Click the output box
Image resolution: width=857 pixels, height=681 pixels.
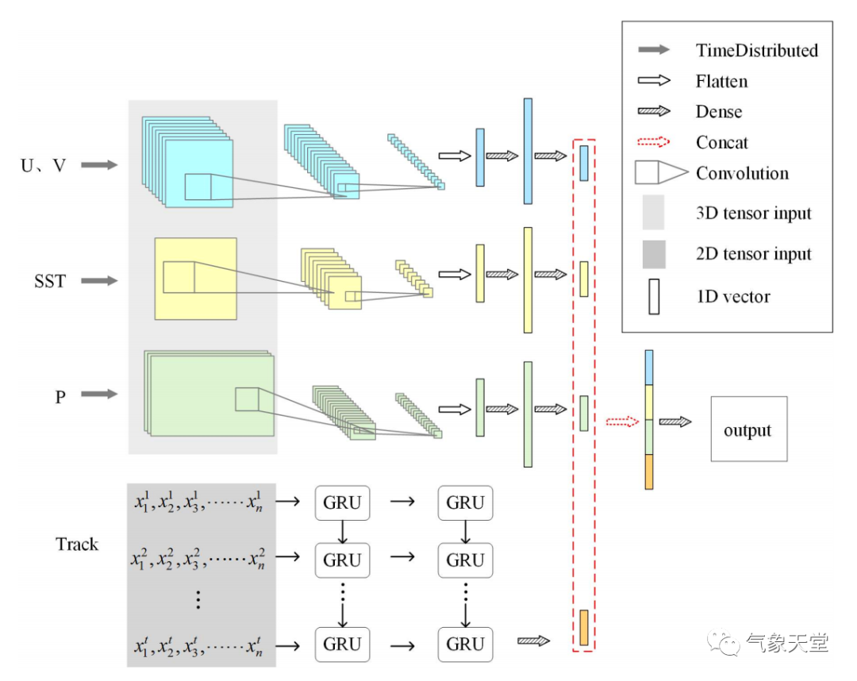click(x=748, y=429)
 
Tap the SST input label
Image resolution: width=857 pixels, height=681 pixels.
click(x=49, y=281)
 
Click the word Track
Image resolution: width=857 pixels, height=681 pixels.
click(x=77, y=544)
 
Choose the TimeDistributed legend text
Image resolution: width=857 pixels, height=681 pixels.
click(x=756, y=50)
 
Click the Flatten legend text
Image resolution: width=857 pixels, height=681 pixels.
click(x=721, y=81)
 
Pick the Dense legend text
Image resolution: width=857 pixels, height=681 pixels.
click(x=719, y=111)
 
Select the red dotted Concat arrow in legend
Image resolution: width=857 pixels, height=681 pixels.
click(x=654, y=142)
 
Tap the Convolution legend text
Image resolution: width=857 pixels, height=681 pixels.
click(x=742, y=173)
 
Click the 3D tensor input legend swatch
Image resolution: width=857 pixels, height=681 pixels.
click(x=653, y=213)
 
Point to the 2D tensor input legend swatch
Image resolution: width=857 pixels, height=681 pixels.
click(x=653, y=254)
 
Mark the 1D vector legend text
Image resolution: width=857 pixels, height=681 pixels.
click(x=732, y=297)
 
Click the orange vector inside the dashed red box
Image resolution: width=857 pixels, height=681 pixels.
click(x=584, y=627)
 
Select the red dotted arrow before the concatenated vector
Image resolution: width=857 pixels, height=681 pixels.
click(x=622, y=421)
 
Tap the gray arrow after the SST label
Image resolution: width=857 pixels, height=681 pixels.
click(x=99, y=281)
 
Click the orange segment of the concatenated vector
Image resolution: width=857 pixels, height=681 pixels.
click(x=649, y=471)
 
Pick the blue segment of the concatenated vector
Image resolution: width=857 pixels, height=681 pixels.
click(x=649, y=367)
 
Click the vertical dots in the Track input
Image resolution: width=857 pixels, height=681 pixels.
click(x=199, y=600)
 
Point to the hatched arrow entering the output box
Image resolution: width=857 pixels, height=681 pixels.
click(x=675, y=421)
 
